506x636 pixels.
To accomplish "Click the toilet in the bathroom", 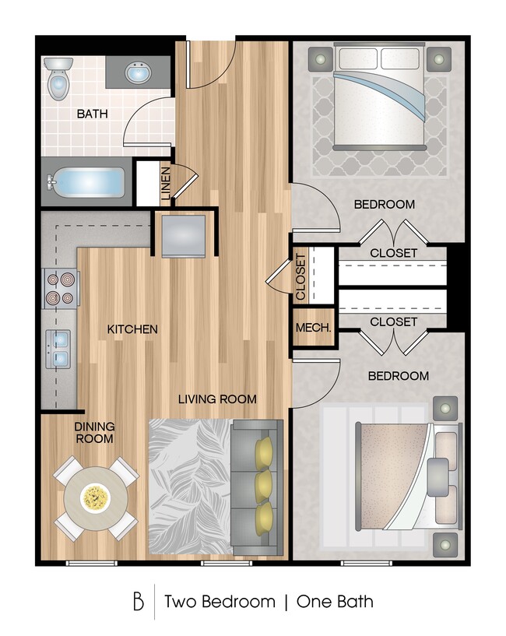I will tap(58, 81).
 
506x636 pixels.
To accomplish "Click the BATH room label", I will tap(92, 114).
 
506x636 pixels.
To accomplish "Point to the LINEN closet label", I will tap(165, 184).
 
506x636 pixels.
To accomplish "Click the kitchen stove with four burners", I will tap(61, 287).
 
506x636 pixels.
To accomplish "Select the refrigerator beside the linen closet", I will tap(184, 234).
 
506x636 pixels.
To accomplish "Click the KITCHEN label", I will tap(132, 329).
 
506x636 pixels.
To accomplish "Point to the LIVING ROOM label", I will tap(217, 399).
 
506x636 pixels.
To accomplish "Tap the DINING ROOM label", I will tap(95, 433).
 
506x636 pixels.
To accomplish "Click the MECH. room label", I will tap(314, 329).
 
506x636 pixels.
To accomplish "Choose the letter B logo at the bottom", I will tap(139, 602).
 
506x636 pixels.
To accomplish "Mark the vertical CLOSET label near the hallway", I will tap(301, 278).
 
